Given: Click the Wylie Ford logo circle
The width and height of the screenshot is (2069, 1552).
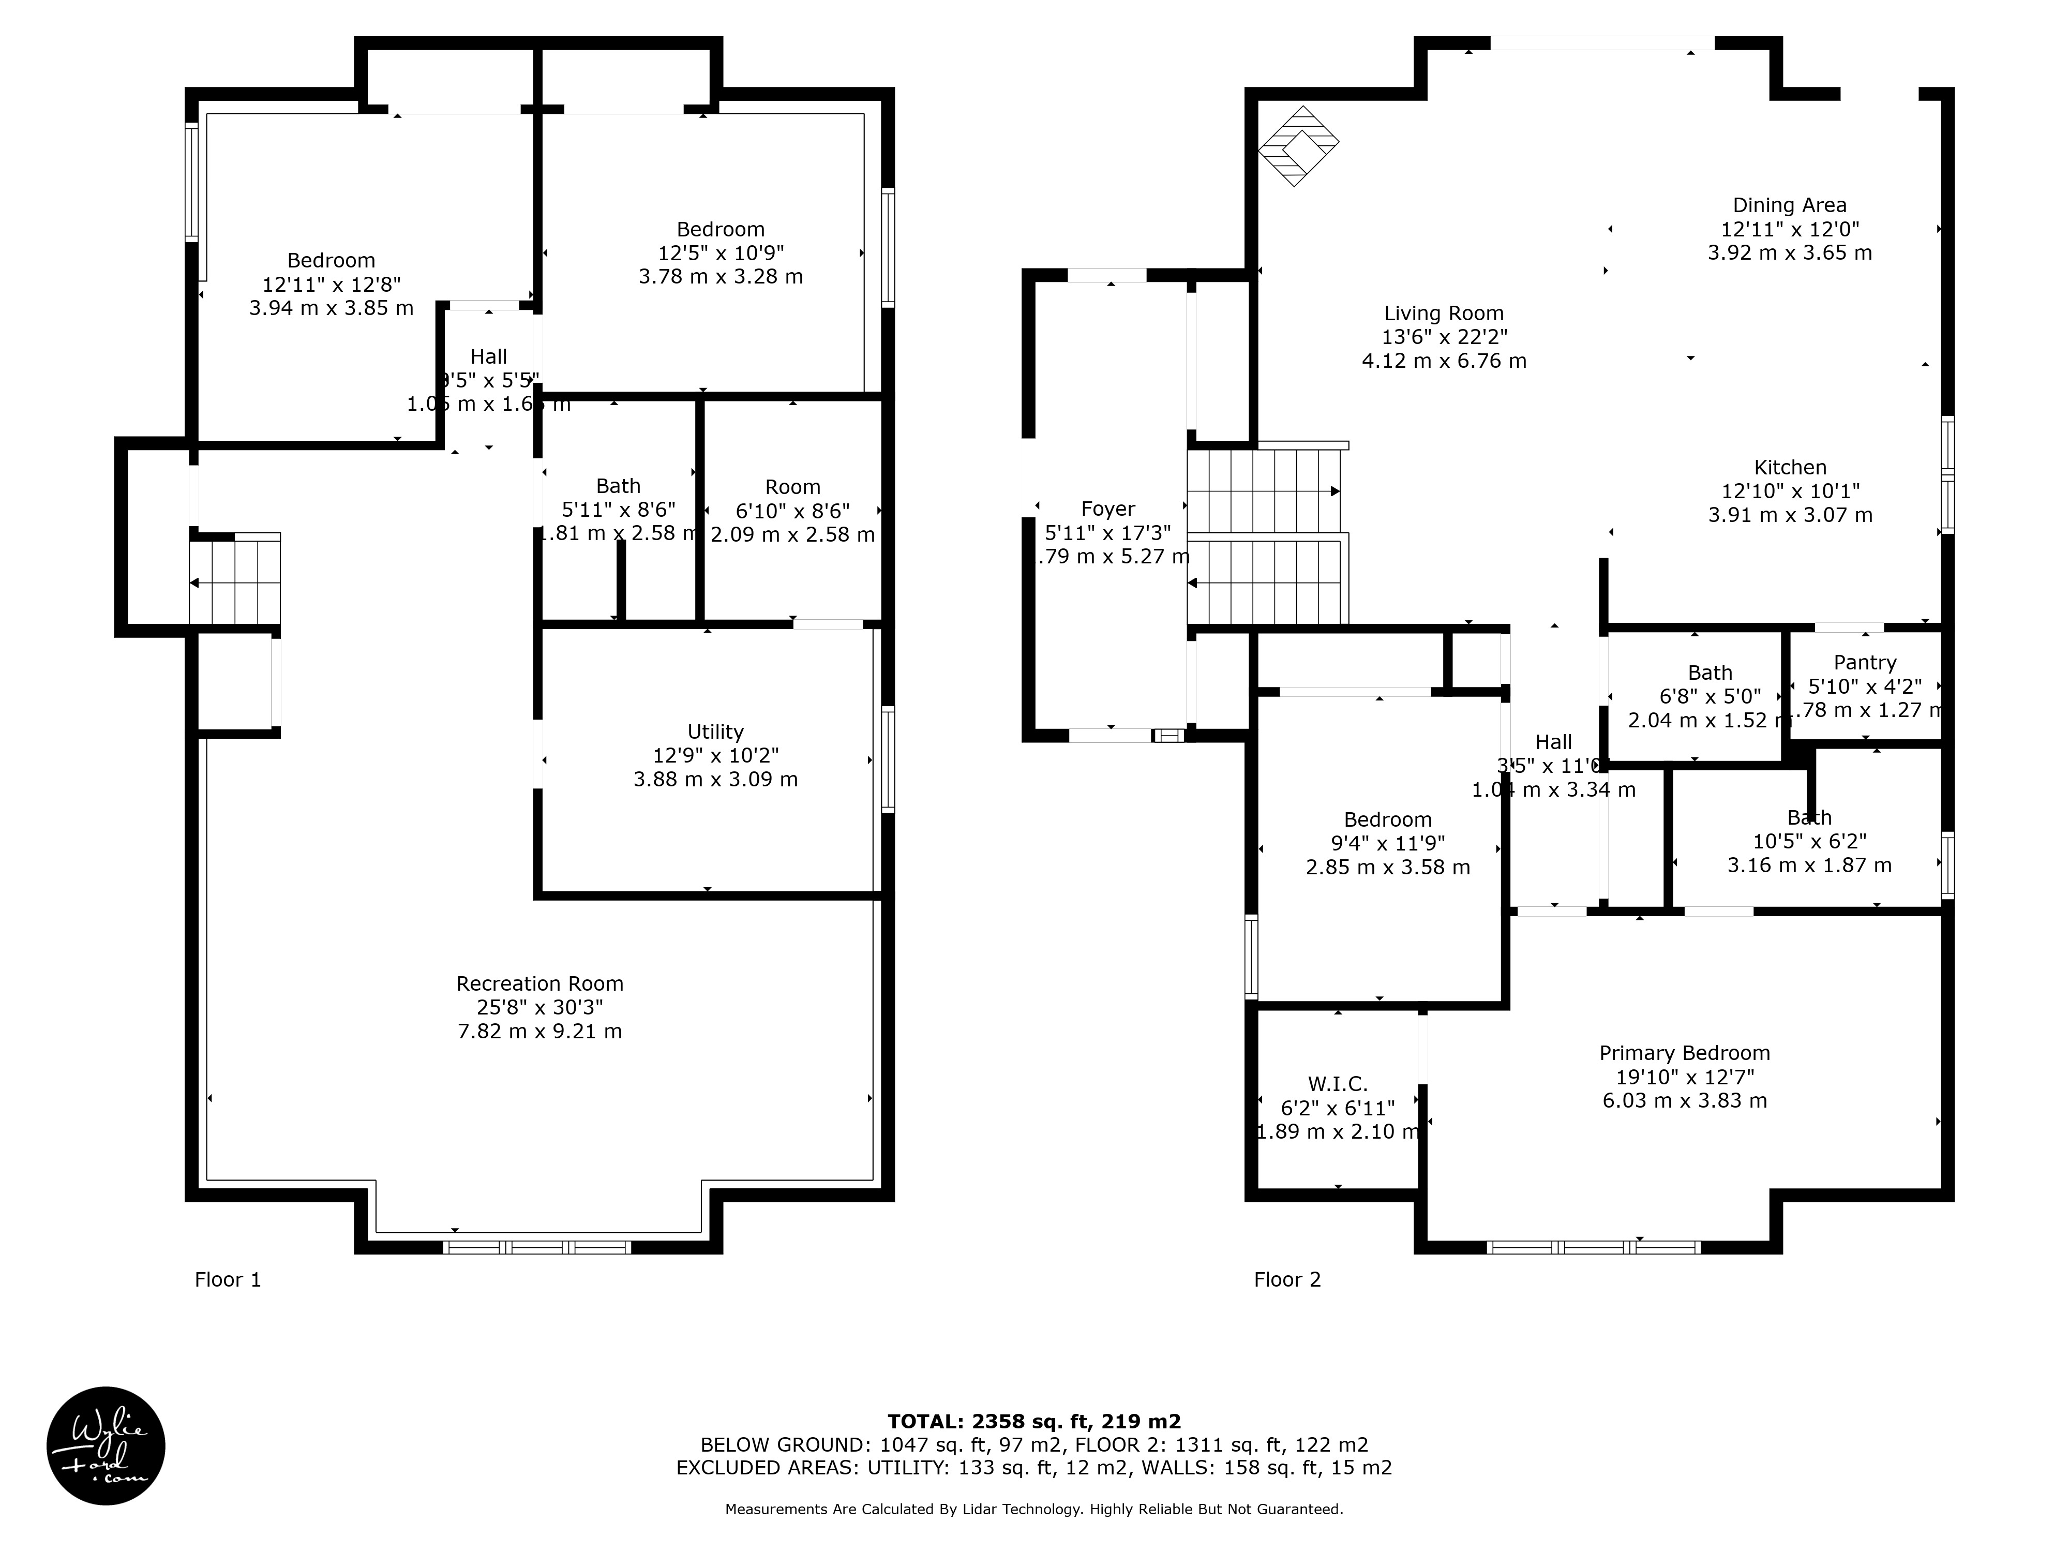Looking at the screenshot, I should (106, 1445).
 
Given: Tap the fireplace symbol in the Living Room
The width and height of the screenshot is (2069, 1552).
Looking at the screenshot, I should (1297, 146).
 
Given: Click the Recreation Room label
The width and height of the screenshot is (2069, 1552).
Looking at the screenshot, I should (539, 983).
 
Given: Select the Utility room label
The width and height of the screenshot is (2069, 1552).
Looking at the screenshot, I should (715, 732).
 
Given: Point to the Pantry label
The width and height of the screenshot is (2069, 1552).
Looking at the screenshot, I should (1864, 662).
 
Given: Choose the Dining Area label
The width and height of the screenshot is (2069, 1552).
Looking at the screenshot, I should (1789, 205).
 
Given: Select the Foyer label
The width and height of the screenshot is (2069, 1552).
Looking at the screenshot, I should (1107, 509).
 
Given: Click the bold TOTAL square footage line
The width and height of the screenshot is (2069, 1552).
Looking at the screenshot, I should (1033, 1421).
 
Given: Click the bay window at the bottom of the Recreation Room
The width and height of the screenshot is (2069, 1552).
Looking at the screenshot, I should (537, 1246).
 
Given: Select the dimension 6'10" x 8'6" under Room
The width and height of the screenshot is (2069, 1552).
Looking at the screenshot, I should (792, 511).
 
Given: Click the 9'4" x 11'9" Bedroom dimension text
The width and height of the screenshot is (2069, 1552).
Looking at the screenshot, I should (1387, 843).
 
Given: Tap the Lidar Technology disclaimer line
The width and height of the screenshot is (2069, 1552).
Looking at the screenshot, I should (1033, 1508).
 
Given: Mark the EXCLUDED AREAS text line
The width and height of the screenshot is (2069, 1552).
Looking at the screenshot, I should (1033, 1467).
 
